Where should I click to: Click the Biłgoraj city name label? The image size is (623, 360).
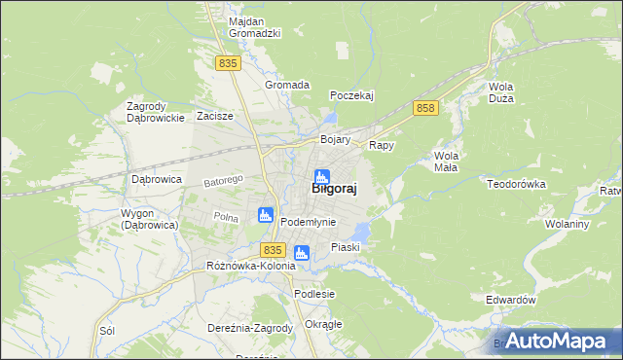tap(333, 191)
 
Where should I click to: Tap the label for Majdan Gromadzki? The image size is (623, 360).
tap(254, 27)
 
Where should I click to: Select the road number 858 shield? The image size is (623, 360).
tap(424, 108)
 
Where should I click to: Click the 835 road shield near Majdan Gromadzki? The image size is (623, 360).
tap(228, 63)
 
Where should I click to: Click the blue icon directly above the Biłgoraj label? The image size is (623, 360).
tap(321, 176)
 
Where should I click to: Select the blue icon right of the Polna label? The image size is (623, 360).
tap(264, 215)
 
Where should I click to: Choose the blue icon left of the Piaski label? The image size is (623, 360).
tap(302, 253)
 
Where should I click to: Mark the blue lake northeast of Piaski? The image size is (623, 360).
tap(361, 232)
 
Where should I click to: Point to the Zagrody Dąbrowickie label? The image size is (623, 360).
tap(156, 112)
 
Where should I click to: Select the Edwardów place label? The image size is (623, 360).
tap(511, 301)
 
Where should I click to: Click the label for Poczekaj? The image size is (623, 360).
tap(351, 95)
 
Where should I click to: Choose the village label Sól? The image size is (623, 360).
tap(107, 331)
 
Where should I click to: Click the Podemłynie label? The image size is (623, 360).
tap(308, 222)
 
